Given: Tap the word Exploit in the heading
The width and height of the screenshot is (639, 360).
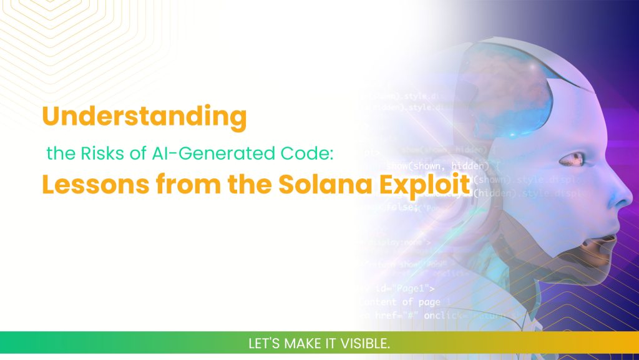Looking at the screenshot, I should click(424, 185).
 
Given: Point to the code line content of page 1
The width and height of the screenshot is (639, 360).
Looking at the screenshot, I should click(406, 302).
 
